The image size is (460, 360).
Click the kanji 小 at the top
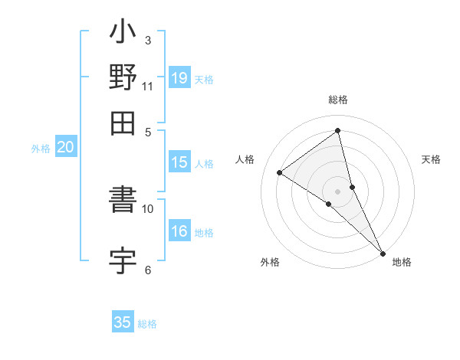point(123,35)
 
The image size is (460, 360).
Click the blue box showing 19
point(179,77)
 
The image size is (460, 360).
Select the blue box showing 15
point(179,162)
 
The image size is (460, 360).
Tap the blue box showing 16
point(179,231)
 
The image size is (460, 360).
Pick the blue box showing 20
point(66,148)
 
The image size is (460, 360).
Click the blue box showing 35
point(123,322)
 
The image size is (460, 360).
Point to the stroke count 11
point(148,85)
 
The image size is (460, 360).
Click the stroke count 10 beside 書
point(148,208)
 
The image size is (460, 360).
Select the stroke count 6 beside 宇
point(148,269)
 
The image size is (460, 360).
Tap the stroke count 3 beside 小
point(148,40)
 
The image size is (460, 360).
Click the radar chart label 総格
point(338,100)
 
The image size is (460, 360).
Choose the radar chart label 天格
point(431,159)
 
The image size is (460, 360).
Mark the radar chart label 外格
point(270,263)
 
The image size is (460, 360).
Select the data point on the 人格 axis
point(280,172)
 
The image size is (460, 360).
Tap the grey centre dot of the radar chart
point(337,191)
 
